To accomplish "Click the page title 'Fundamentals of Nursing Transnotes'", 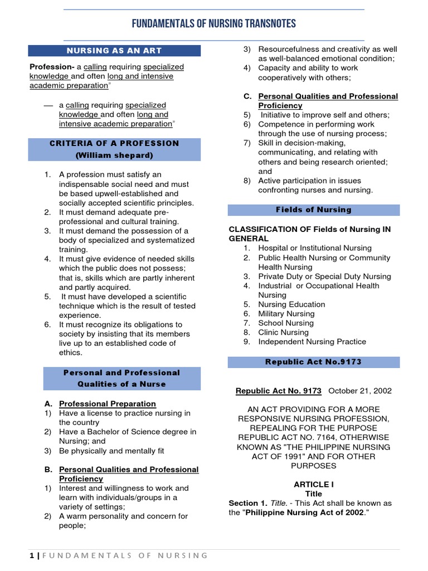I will (x=213, y=23).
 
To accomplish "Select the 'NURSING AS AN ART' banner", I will (x=114, y=51).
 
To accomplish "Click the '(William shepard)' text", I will (x=114, y=155).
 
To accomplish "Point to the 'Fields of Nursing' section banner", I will (x=314, y=210).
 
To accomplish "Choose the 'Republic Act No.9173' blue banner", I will (x=314, y=362).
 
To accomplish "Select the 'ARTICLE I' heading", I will (x=314, y=485).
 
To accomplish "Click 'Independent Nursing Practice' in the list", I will (x=312, y=341).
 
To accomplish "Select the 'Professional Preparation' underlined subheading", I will (x=108, y=404).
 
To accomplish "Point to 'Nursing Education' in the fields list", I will (x=291, y=304).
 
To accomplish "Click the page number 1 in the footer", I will (x=31, y=555).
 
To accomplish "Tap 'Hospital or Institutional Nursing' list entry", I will (x=315, y=248).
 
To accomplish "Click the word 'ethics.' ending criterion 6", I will (x=71, y=352).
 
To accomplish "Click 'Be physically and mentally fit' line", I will (x=111, y=451).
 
